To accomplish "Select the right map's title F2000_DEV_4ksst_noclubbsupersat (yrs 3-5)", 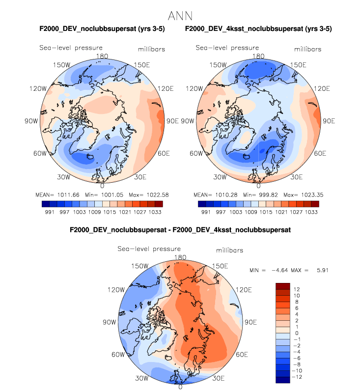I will [x=258, y=29].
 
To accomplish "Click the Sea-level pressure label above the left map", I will [x=71, y=48].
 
